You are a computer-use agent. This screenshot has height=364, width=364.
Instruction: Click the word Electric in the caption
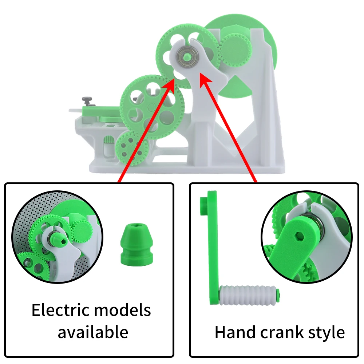point(60,310)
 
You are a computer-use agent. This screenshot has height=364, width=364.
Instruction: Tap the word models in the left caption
point(123,310)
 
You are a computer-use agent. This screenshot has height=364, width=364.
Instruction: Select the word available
point(93,332)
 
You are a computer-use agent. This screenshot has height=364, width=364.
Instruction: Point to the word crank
point(282,332)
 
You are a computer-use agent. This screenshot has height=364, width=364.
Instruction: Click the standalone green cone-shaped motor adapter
point(136,245)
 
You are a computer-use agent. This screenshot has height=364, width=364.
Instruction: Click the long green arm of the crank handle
point(213,248)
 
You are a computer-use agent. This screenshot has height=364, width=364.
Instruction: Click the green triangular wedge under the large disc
point(234,86)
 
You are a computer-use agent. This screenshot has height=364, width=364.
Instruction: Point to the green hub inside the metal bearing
point(186,56)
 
